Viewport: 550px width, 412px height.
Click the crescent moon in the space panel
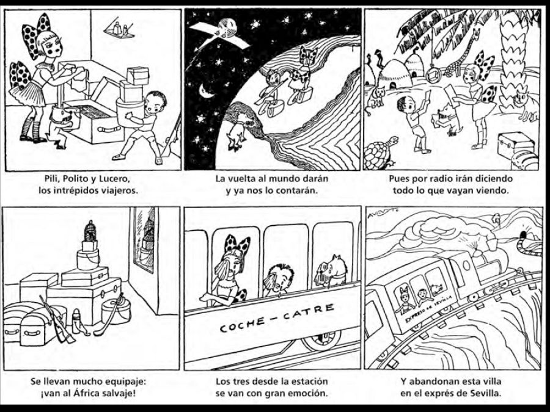(x=207, y=92)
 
